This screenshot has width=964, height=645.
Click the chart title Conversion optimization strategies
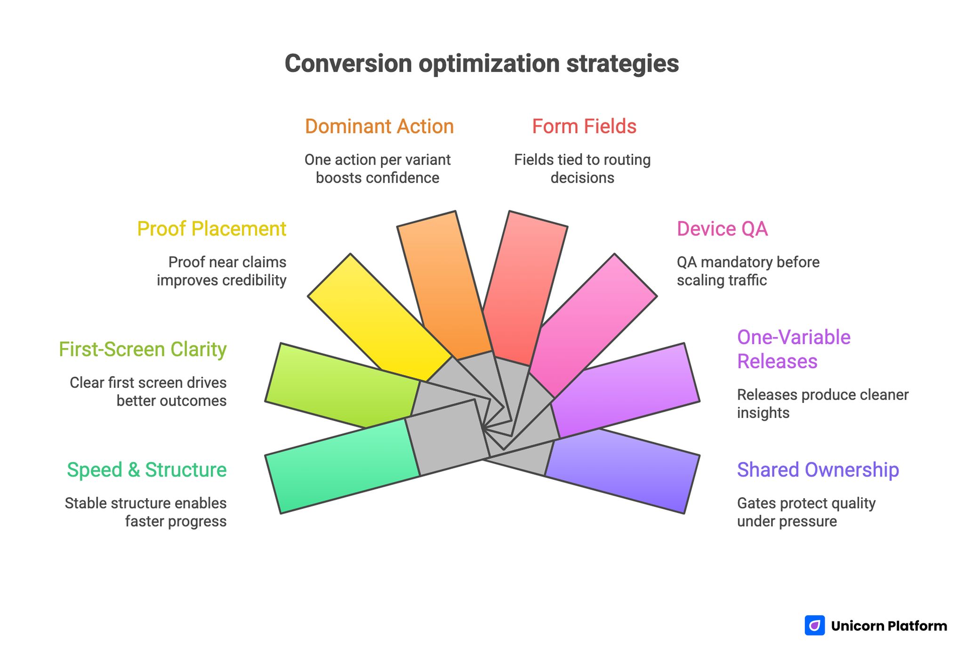point(482,64)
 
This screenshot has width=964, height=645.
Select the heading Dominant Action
point(379,127)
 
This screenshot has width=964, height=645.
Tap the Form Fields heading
point(584,127)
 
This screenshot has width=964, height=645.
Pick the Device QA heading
point(722,229)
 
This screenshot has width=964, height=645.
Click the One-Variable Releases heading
point(794,349)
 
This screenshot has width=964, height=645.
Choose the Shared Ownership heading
point(818,470)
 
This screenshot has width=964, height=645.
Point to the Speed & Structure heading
point(146,470)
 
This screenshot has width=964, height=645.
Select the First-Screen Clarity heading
point(143,349)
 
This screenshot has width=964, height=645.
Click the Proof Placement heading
point(211,229)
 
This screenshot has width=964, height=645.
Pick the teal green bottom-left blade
point(341,466)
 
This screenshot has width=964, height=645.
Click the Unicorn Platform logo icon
point(814,625)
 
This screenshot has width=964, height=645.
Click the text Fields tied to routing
point(582,160)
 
